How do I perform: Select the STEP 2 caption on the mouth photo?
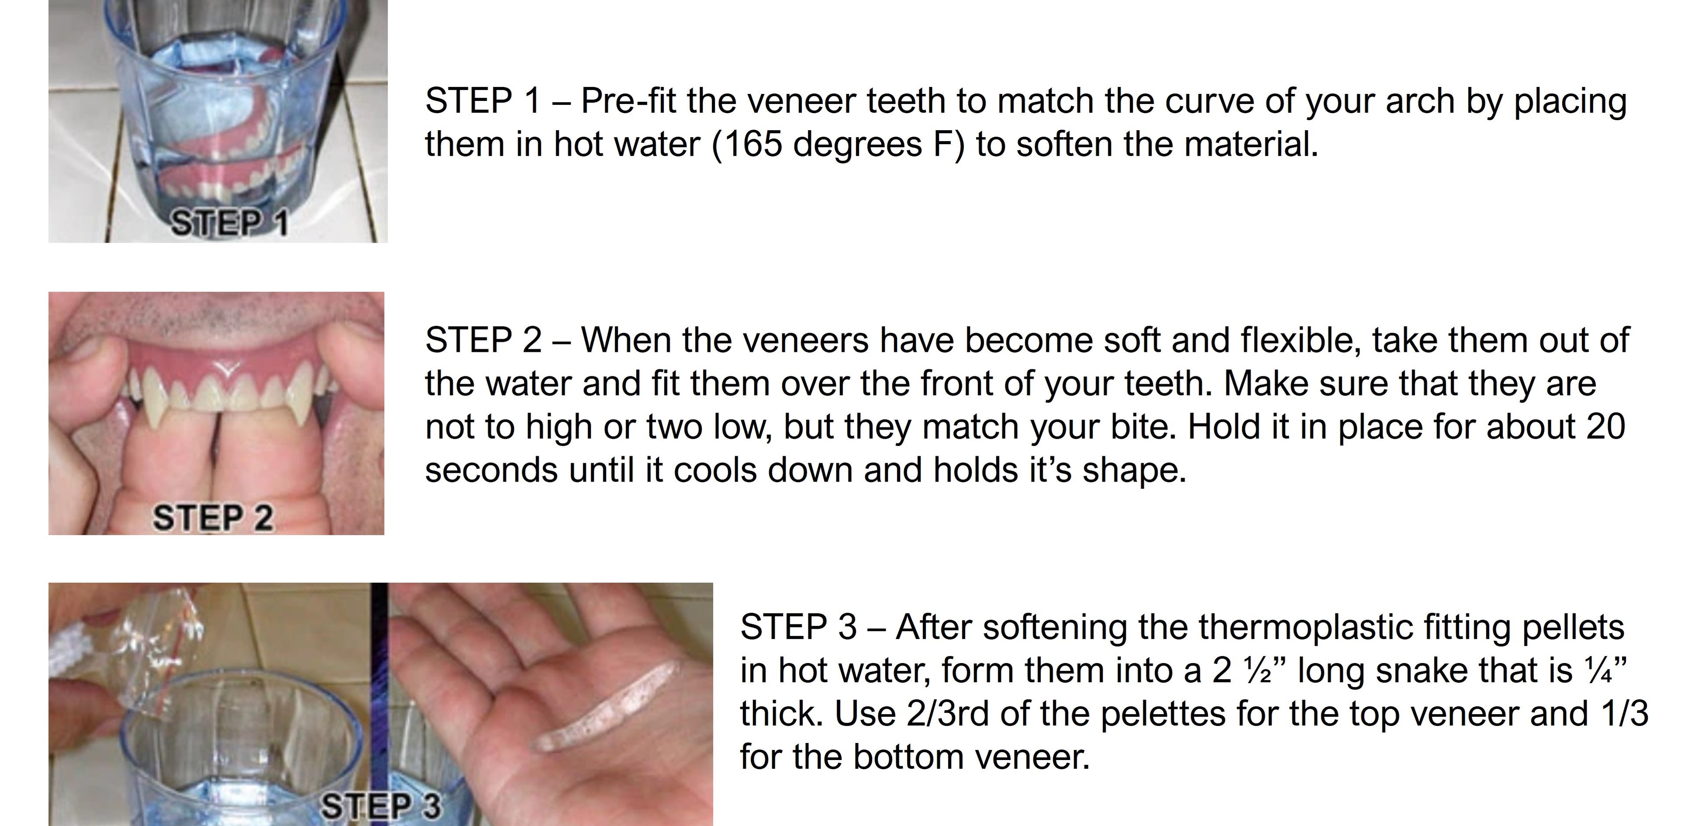213,518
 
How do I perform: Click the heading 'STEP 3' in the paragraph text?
798,628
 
